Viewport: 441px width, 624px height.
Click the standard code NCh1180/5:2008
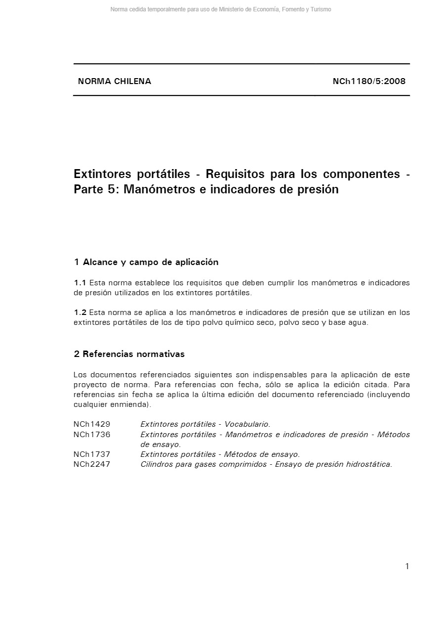coord(369,82)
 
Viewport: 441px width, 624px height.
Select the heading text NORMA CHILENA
coord(115,82)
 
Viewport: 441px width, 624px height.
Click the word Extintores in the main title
coord(102,174)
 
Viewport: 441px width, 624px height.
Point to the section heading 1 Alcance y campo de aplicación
coord(146,262)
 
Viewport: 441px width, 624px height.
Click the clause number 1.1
coord(80,283)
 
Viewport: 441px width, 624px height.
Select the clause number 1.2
coord(80,312)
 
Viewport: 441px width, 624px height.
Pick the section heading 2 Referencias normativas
coord(129,354)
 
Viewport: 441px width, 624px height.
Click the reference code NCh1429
coord(92,424)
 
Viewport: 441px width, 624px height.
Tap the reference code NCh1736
coord(92,435)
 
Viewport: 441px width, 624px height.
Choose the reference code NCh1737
coord(92,454)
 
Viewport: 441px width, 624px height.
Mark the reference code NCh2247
coord(92,464)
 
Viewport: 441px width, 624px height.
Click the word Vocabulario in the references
coord(247,424)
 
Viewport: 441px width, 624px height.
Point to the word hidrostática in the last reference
coord(368,464)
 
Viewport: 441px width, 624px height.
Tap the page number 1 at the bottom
coord(407,567)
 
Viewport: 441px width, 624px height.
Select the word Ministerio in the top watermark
coord(231,9)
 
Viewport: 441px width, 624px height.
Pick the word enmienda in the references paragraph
coord(131,404)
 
